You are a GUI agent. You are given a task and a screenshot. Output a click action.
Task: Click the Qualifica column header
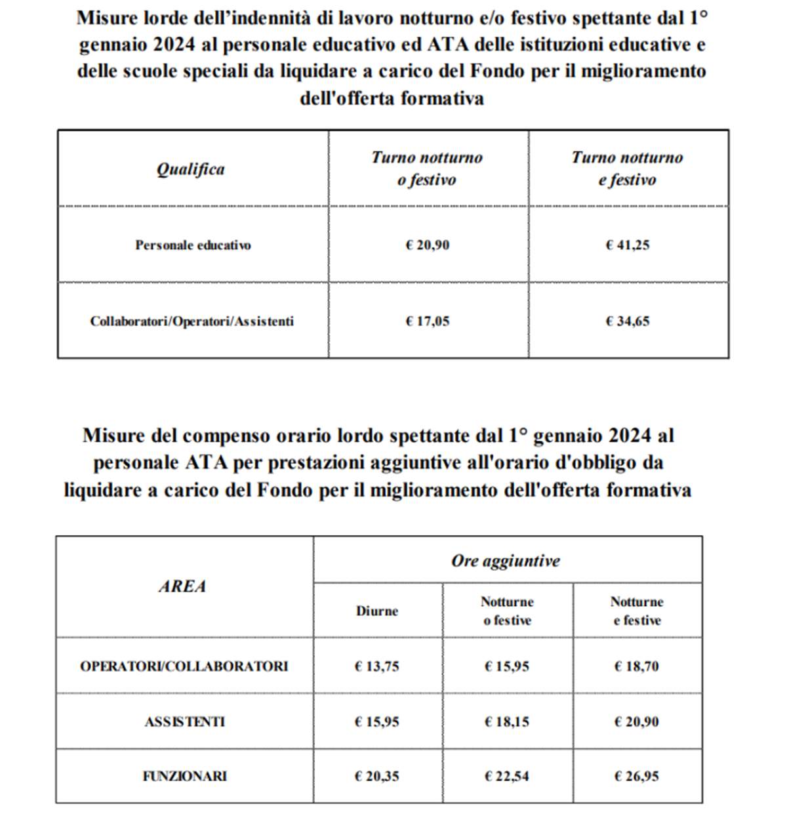[190, 169]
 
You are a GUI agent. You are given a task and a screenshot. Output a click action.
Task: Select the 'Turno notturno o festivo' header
[427, 169]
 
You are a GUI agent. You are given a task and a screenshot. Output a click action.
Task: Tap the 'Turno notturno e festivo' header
[627, 169]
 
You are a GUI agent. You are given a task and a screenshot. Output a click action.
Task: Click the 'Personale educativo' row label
[193, 245]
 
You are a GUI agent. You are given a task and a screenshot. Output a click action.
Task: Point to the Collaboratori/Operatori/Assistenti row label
[192, 321]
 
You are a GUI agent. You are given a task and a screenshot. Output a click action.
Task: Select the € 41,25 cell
[628, 245]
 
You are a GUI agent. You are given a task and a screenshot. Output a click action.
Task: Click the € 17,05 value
[428, 321]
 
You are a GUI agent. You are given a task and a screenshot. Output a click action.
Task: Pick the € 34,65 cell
[628, 321]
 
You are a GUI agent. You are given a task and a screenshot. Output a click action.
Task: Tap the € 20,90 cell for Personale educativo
[428, 245]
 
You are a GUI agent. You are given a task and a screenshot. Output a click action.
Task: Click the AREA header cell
[182, 586]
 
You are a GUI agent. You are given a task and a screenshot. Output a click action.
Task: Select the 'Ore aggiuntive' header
[506, 561]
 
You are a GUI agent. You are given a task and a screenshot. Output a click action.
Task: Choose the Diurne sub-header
[377, 611]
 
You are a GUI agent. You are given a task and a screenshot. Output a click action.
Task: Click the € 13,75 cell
[376, 666]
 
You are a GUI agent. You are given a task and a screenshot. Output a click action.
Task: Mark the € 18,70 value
[636, 666]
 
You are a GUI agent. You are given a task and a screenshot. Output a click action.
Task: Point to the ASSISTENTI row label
[184, 722]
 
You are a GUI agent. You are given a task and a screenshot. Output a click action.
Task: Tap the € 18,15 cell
[506, 722]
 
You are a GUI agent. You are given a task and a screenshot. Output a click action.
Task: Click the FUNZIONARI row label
[184, 777]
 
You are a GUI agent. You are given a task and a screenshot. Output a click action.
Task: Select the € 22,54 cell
[506, 777]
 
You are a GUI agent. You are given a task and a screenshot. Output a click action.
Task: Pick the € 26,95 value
[636, 777]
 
